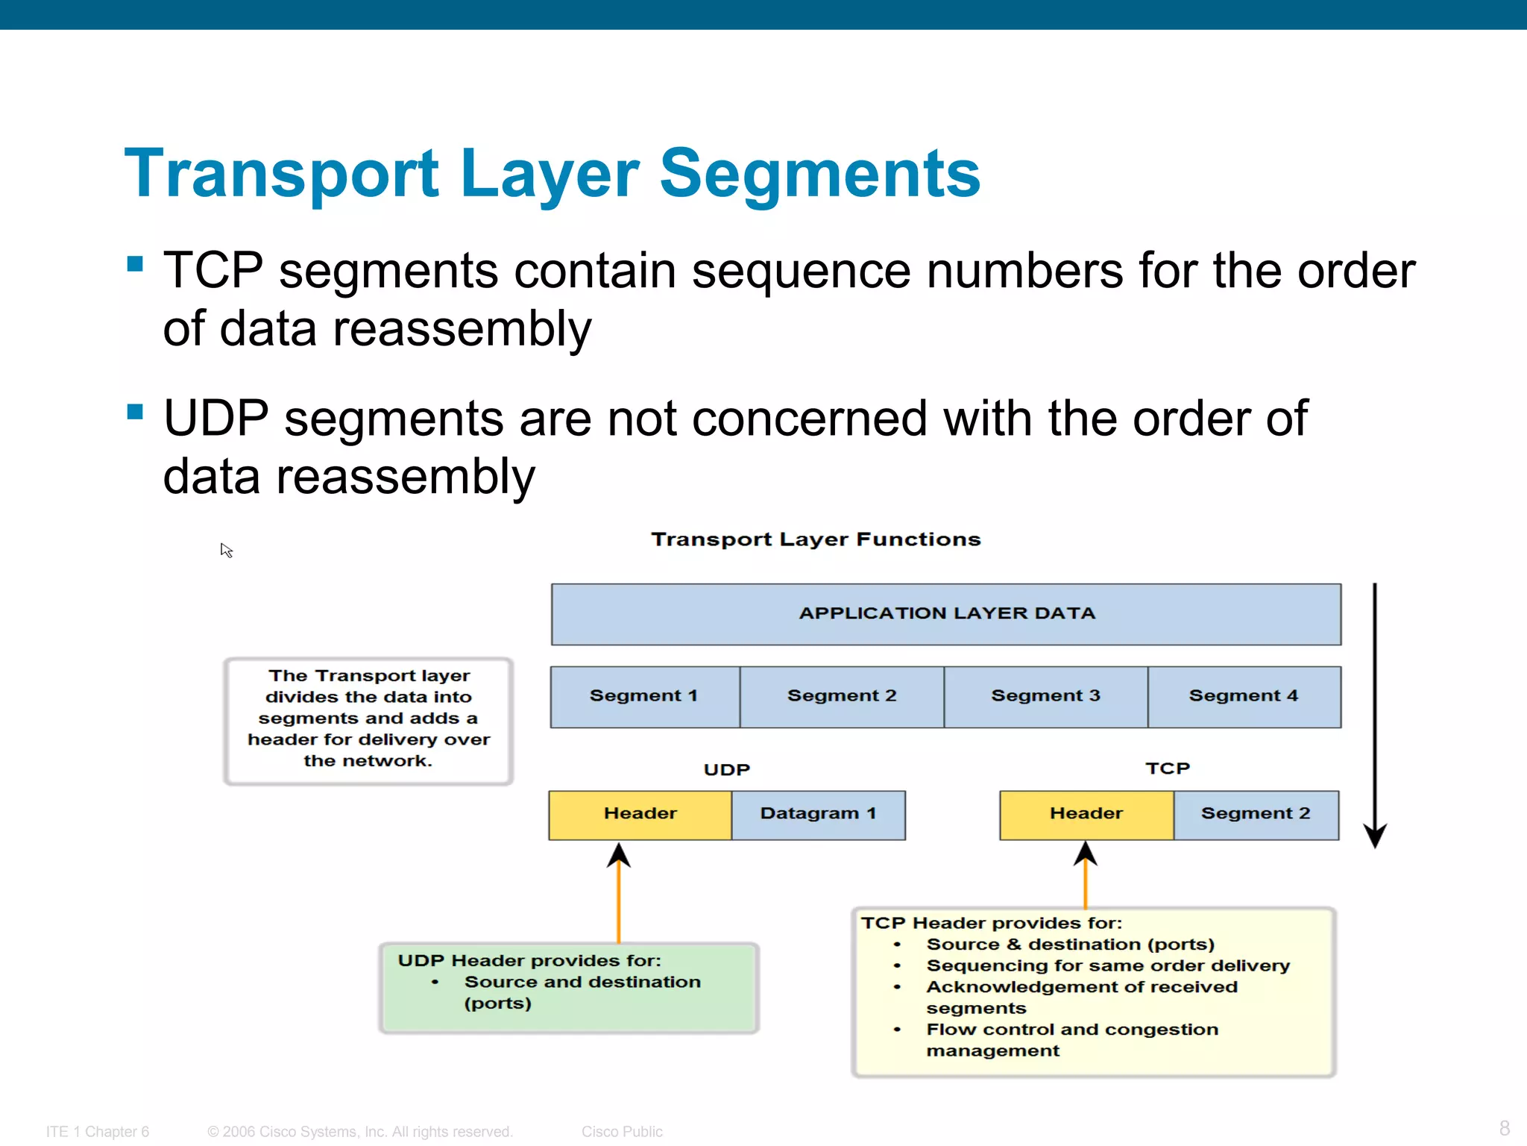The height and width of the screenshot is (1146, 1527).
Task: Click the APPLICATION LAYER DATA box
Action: pos(945,614)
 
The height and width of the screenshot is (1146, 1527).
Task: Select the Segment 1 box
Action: pos(644,696)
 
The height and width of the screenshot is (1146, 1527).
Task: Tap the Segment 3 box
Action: pos(1045,696)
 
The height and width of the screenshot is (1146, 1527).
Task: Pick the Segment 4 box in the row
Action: pos(1244,696)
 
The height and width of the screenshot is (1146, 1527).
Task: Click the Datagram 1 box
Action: pos(818,814)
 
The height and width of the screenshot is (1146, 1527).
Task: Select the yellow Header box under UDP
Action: pos(640,814)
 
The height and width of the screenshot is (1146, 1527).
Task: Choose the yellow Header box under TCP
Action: pos(1086,814)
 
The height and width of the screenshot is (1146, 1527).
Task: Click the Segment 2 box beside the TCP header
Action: pos(1256,814)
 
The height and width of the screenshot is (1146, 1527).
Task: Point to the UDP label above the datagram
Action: pos(726,770)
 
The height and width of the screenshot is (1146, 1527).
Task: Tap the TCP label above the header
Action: pos(1168,768)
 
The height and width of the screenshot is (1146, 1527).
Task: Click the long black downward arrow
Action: pos(1374,709)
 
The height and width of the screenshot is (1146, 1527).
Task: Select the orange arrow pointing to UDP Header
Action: pos(618,895)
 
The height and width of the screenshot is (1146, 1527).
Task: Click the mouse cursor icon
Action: pos(227,551)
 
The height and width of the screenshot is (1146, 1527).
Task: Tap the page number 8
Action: pos(1504,1127)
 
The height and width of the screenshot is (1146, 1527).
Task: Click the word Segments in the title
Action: pos(820,174)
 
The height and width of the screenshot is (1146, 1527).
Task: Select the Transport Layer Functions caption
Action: pos(816,539)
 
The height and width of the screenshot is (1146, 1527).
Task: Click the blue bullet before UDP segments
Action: pos(135,412)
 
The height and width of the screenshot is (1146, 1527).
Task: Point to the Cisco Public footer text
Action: pos(622,1132)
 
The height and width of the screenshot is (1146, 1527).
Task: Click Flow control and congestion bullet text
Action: pos(1071,1030)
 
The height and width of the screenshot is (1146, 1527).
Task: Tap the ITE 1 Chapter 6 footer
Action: pos(98,1132)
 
